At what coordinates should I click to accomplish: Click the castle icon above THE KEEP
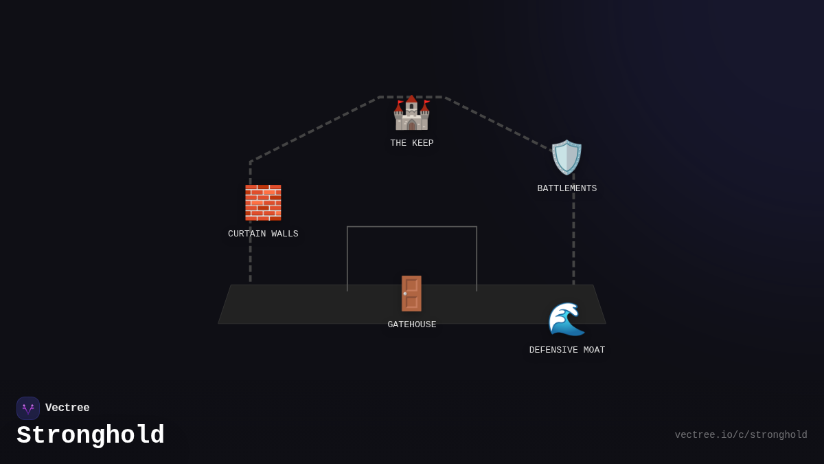pos(411,113)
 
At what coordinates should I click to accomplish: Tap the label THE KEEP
pos(412,144)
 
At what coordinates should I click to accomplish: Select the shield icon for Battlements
pos(566,157)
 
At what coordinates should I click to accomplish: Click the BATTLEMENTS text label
pos(567,189)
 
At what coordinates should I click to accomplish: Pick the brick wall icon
pos(263,203)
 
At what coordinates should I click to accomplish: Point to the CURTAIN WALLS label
pos(263,234)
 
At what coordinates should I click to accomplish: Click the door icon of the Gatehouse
pos(411,294)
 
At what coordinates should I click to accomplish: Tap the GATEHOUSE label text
pos(412,325)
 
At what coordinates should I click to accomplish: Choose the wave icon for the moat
pos(566,319)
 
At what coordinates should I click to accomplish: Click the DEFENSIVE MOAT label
pos(567,351)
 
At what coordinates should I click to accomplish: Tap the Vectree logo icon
pos(28,408)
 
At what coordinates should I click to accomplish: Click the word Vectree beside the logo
pos(67,408)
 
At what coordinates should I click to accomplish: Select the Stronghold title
pos(91,436)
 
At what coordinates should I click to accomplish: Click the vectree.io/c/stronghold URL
pos(741,435)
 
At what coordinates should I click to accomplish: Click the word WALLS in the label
pos(285,234)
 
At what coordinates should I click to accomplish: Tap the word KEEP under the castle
pos(423,144)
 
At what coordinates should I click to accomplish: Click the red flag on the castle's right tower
pos(426,102)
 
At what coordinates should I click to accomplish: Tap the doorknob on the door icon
pos(405,294)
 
